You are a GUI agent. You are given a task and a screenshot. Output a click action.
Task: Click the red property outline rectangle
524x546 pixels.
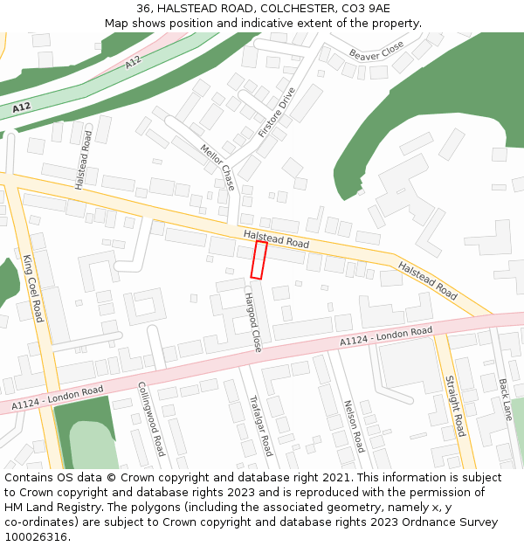(259, 260)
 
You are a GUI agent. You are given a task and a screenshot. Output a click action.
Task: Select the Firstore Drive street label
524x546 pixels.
(277, 113)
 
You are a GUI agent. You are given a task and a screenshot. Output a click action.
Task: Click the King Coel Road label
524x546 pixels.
(33, 288)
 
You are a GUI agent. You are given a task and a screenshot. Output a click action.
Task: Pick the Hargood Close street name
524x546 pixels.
(252, 322)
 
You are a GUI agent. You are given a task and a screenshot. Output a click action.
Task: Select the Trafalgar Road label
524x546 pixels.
(261, 425)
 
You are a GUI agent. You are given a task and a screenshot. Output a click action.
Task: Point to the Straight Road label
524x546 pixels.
(455, 406)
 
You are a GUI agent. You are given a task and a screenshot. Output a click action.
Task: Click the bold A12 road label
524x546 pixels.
(22, 107)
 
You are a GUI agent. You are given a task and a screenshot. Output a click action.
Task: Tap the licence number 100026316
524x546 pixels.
(36, 536)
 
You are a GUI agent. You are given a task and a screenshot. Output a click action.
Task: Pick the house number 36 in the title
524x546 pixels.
(143, 8)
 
